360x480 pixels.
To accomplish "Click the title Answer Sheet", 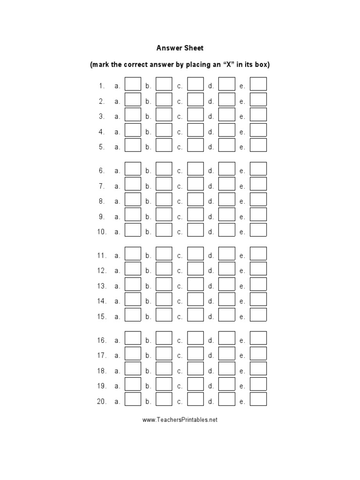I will pyautogui.click(x=180, y=48).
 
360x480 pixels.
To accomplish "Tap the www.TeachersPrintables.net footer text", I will pyautogui.click(x=180, y=420).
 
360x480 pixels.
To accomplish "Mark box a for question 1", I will pyautogui.click(x=133, y=84).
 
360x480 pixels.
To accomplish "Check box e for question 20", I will pyautogui.click(x=258, y=399).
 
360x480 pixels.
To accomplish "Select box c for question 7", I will pyautogui.click(x=195, y=184).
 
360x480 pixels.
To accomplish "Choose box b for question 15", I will pyautogui.click(x=164, y=315).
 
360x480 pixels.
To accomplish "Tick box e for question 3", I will pyautogui.click(x=258, y=114).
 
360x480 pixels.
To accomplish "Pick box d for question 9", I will pyautogui.click(x=227, y=215).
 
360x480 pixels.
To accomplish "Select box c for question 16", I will pyautogui.click(x=195, y=338).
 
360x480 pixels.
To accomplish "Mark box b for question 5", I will pyautogui.click(x=164, y=145).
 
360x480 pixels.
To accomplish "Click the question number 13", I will pyautogui.click(x=102, y=286).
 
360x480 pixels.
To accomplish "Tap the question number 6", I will pyautogui.click(x=101, y=171).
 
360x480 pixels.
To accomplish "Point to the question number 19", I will pyautogui.click(x=102, y=386).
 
